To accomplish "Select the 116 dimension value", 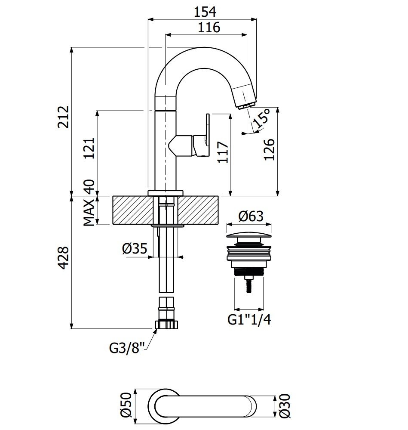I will click(209, 28).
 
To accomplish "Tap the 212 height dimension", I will click(63, 117).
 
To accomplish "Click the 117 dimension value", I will click(223, 152).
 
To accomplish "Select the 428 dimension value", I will click(63, 258).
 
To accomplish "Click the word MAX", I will click(89, 213).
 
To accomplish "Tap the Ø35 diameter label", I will click(135, 248).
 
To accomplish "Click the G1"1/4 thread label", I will click(249, 320).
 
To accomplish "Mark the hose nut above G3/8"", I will click(166, 324).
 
